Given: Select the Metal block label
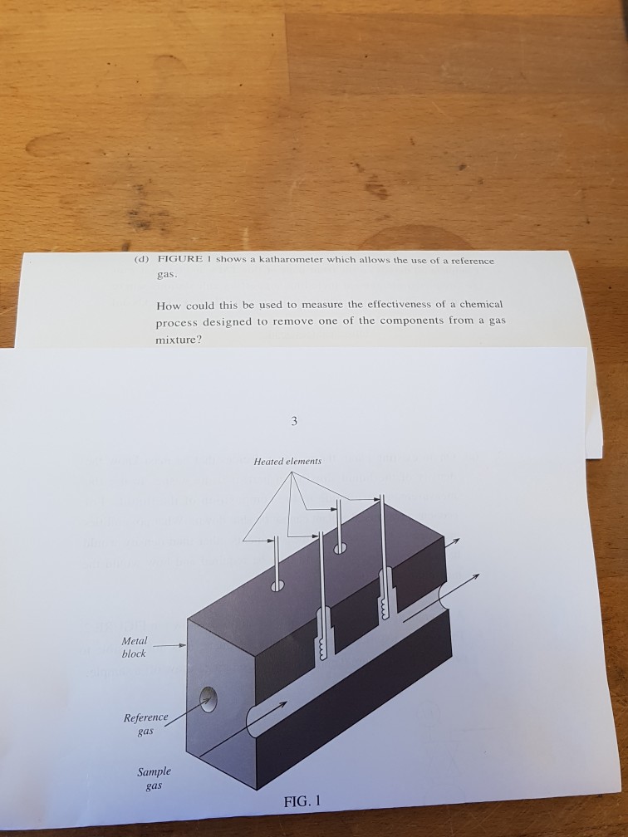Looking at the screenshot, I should coord(134,647).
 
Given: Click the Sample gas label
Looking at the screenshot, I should coord(150,777).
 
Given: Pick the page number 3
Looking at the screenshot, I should coord(294,421).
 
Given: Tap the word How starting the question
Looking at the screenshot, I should coord(167,304).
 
